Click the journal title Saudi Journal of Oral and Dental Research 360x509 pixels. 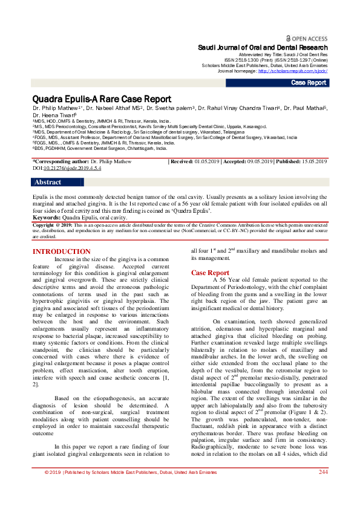(x=263, y=47)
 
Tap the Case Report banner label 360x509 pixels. (x=309, y=83)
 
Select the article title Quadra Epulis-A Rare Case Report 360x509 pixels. (x=102, y=99)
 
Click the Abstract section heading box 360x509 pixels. (x=48, y=182)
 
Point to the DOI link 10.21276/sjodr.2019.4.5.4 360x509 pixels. (x=67, y=168)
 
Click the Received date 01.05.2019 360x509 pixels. (x=209, y=162)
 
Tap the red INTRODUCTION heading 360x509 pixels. (x=61, y=252)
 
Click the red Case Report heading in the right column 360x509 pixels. (x=210, y=273)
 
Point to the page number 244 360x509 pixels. (x=323, y=489)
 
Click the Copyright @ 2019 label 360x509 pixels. (x=52, y=224)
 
